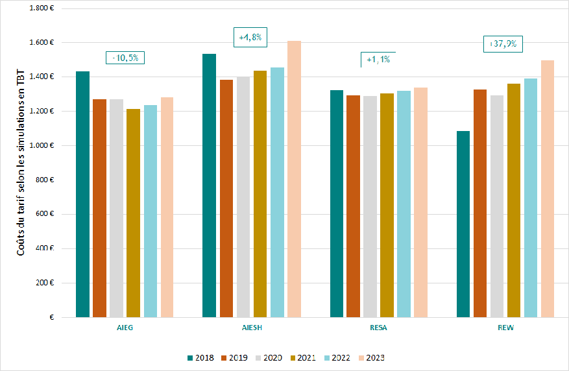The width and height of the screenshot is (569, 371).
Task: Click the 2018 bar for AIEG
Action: coord(82,195)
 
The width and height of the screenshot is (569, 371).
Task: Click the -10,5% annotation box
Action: coord(125,58)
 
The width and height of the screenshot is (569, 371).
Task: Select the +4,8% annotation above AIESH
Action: coord(250,38)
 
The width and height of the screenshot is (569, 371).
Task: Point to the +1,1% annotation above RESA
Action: coord(378,60)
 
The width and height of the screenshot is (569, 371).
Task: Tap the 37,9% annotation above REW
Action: coord(503,44)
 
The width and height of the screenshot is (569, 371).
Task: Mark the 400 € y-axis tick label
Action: coord(43,248)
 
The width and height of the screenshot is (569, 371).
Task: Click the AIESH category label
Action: coord(252,328)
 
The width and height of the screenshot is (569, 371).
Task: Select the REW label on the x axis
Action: coord(505,328)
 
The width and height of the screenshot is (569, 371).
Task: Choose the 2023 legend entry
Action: coord(371,357)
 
